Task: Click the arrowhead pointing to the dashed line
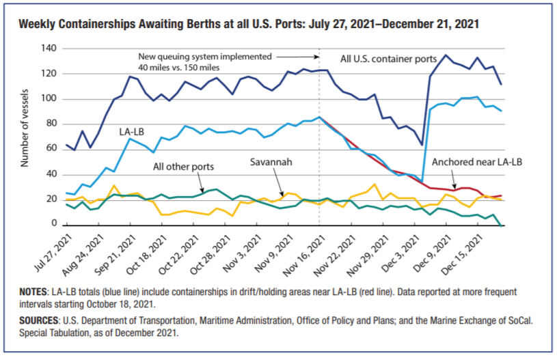point(316,57)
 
